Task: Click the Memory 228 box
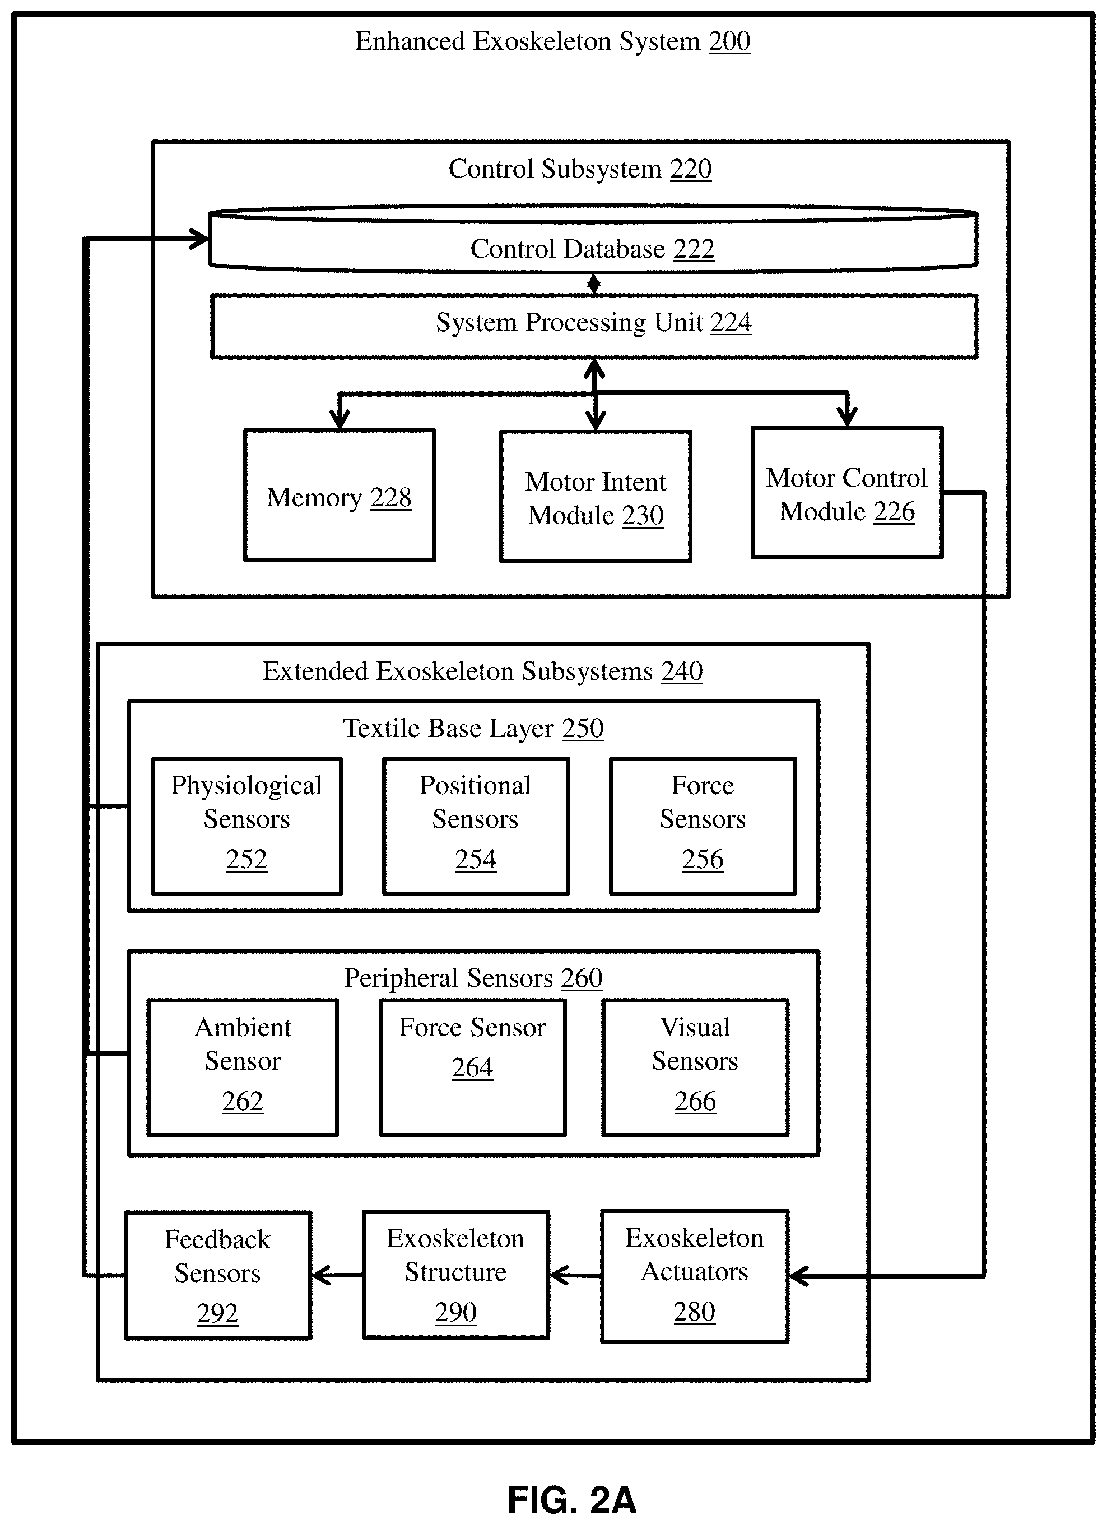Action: click(339, 496)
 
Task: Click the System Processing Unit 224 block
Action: click(594, 326)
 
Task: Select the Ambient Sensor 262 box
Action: click(243, 1068)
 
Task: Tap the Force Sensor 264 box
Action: click(473, 1068)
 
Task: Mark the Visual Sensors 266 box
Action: click(695, 1068)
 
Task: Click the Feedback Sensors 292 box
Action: click(218, 1276)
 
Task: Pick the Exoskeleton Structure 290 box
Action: click(456, 1275)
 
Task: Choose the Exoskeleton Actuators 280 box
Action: click(695, 1276)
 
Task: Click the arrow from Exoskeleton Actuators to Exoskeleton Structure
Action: click(575, 1275)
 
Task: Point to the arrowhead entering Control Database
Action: click(199, 239)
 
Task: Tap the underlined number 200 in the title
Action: click(730, 41)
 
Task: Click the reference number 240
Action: click(682, 671)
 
